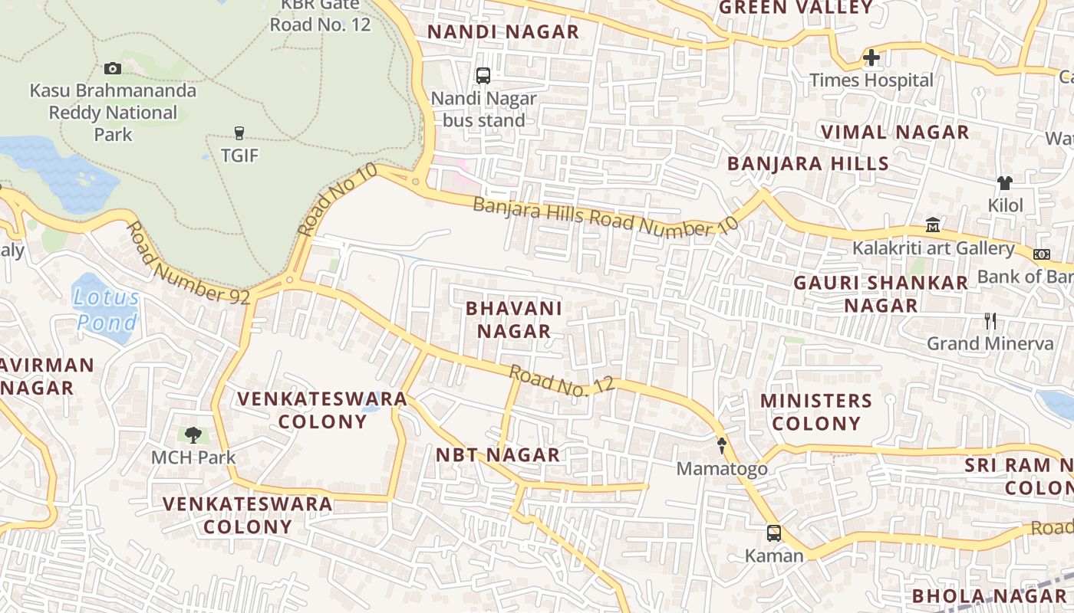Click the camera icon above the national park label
[x=113, y=68]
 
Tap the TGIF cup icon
[x=239, y=133]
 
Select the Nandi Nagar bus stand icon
[x=483, y=75]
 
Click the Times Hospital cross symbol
[x=871, y=57]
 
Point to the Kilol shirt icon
[x=1005, y=182]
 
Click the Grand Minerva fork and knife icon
[x=990, y=320]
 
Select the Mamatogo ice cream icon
[x=721, y=445]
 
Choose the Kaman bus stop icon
[x=774, y=533]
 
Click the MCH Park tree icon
[x=193, y=435]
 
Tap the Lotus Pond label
[x=107, y=310]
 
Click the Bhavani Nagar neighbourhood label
[x=514, y=320]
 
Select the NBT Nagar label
[x=498, y=455]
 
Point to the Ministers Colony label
[x=816, y=412]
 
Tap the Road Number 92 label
[x=189, y=264]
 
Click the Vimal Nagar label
[x=895, y=132]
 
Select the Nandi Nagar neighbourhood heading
[x=502, y=32]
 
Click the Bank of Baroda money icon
[x=1042, y=254]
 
